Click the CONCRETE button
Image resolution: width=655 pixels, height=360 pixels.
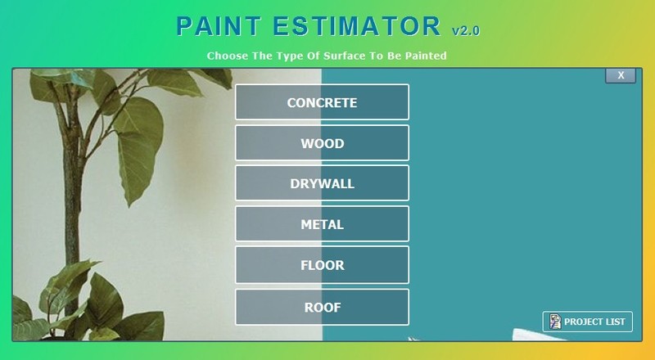pos(322,102)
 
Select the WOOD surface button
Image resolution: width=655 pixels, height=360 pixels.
pos(322,143)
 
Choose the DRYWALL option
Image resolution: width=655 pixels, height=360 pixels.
pos(322,183)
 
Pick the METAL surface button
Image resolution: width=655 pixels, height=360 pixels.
pos(322,224)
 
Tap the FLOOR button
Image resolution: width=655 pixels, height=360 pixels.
pos(322,265)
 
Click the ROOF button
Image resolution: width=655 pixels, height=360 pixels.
pos(322,307)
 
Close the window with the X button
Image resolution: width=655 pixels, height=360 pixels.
pos(621,75)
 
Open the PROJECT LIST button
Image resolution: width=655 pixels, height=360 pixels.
pos(588,322)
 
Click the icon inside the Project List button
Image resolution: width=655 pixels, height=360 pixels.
pos(555,322)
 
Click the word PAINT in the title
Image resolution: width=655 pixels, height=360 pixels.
pos(214,26)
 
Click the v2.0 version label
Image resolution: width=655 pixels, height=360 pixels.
pos(466,31)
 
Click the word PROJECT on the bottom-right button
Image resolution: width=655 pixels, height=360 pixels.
pos(583,322)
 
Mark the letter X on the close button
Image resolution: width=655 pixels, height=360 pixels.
pos(621,75)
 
